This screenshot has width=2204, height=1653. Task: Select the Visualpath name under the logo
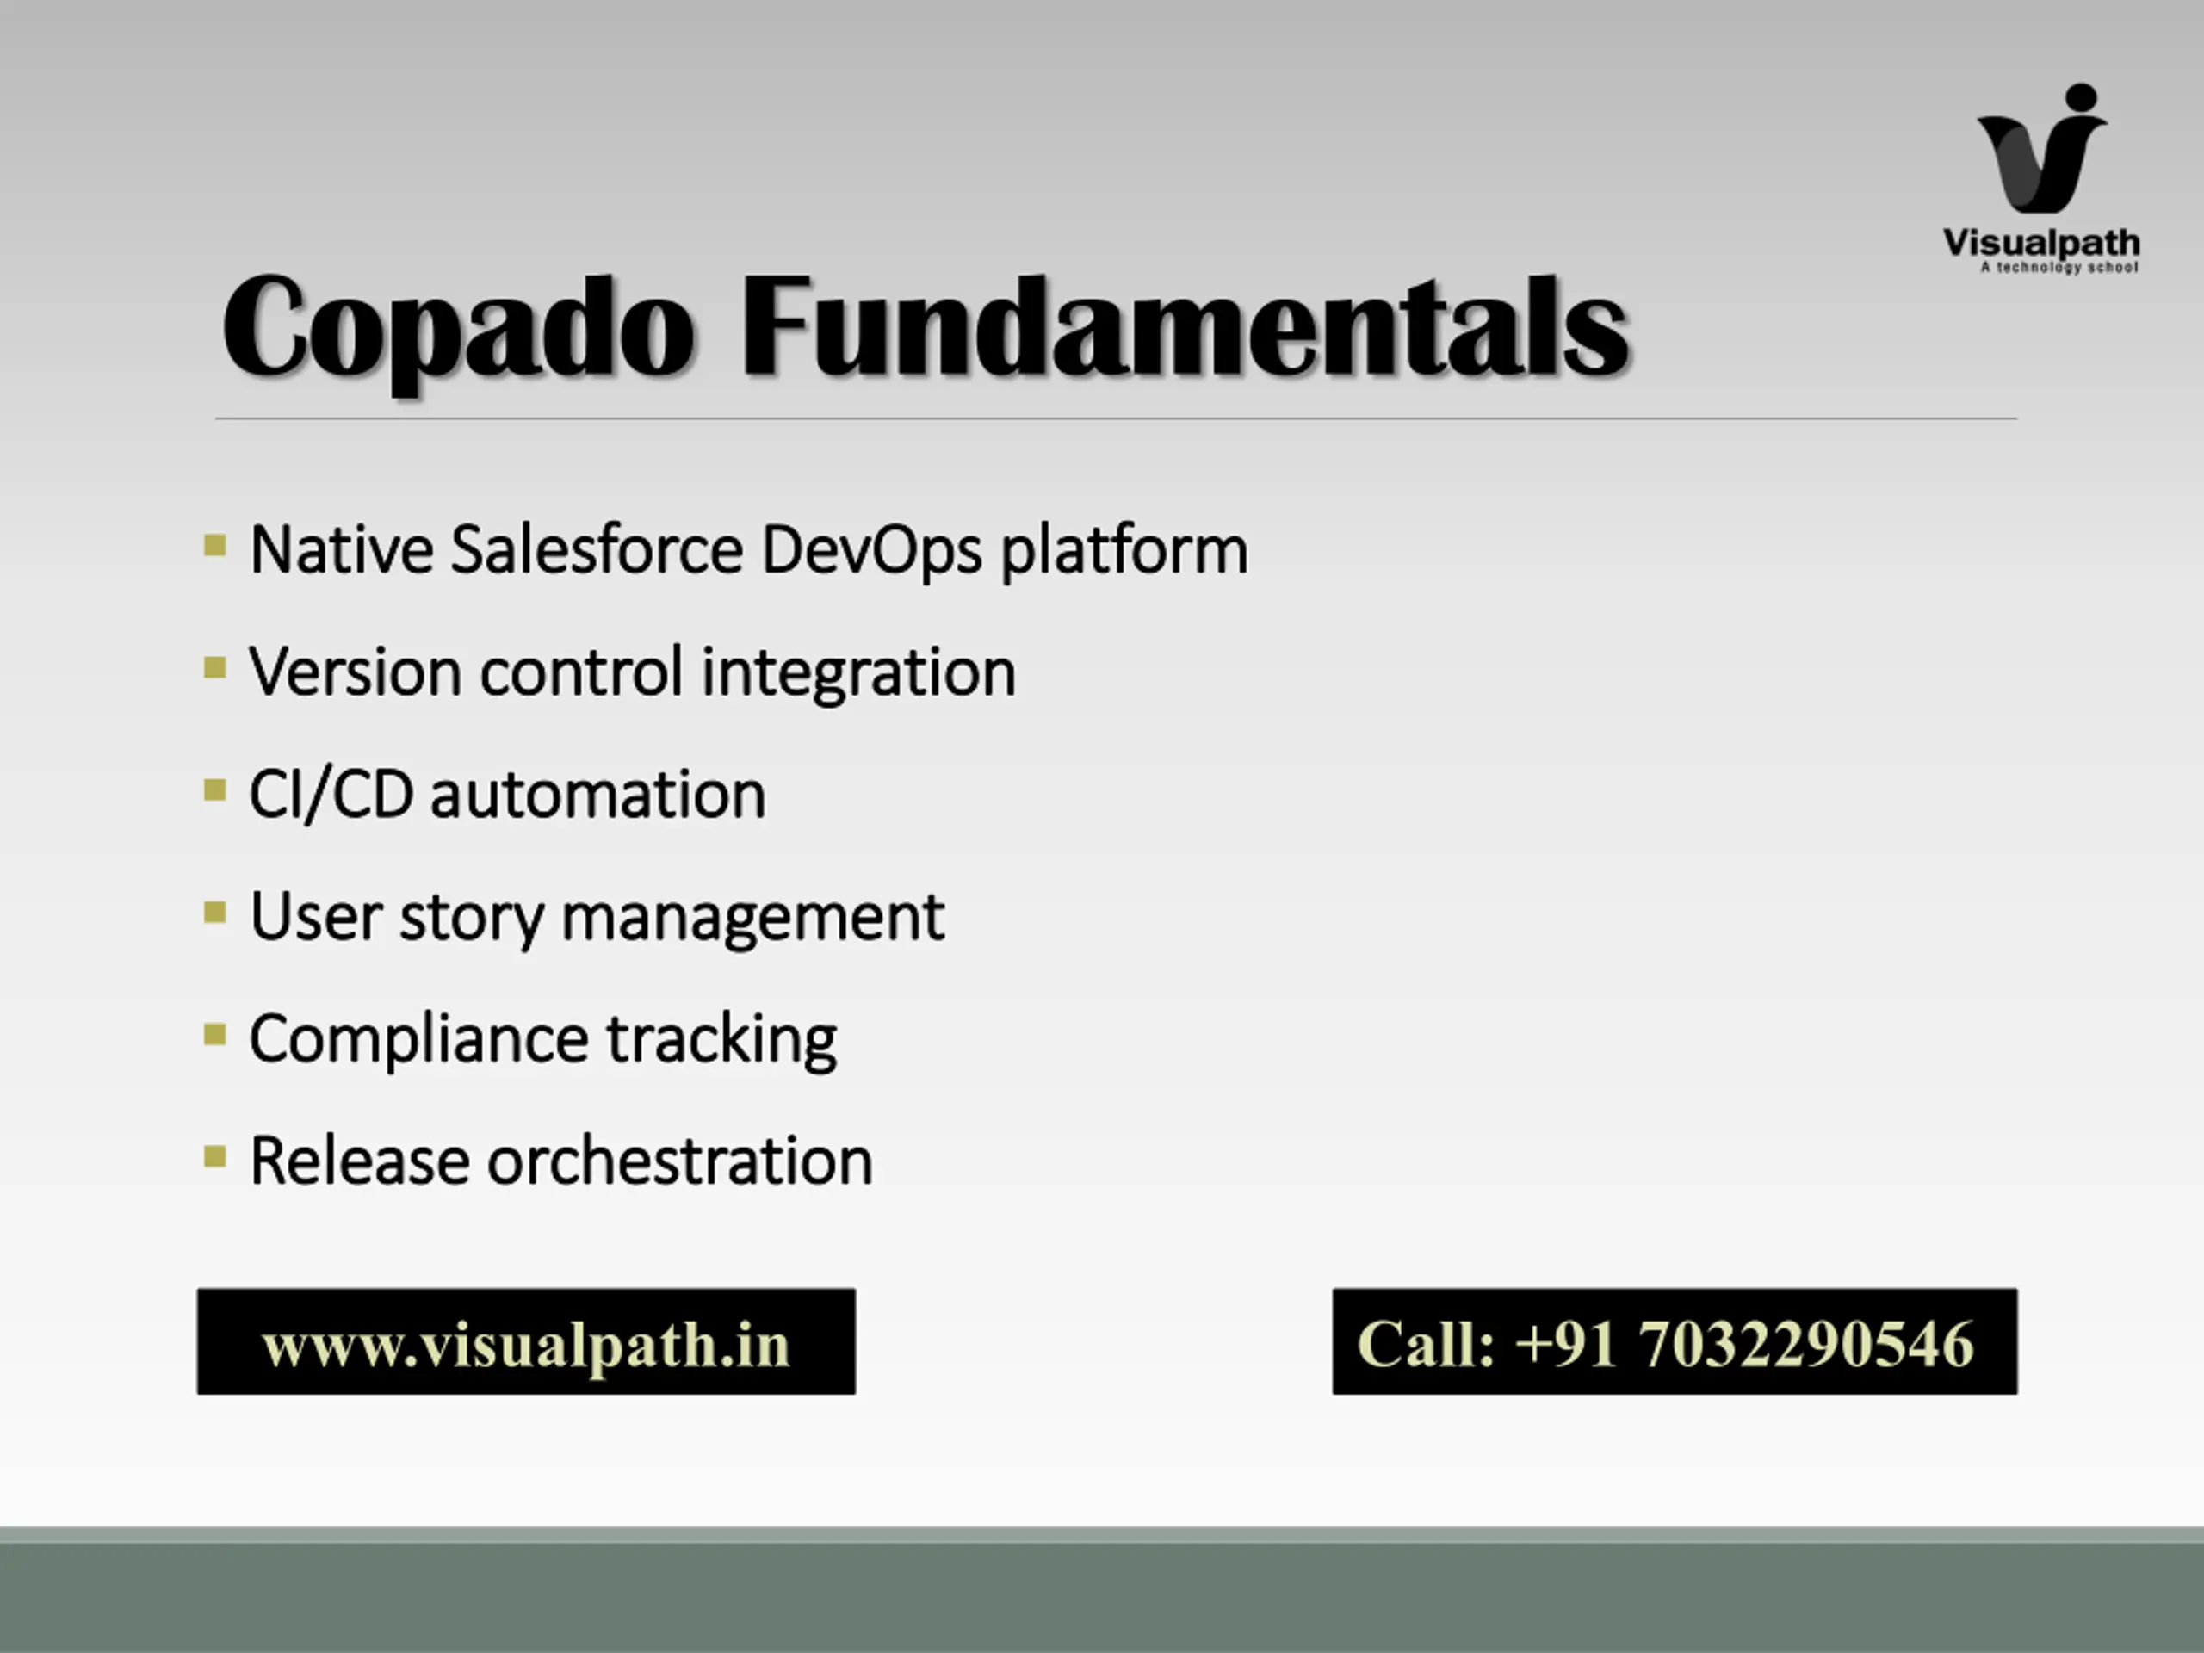[2041, 243]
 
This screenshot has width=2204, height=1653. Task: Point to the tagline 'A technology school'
[2059, 267]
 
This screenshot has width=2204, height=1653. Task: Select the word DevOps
[872, 551]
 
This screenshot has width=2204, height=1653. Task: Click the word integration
[859, 673]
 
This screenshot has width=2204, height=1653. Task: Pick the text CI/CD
[331, 796]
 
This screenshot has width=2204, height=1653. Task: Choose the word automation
[597, 796]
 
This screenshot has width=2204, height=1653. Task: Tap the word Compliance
[418, 1040]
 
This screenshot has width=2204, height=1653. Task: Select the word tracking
[721, 1040]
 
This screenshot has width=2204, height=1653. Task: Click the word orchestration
[679, 1161]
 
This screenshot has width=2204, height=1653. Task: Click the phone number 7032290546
[1805, 1343]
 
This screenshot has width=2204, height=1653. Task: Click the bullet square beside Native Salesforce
[214, 545]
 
